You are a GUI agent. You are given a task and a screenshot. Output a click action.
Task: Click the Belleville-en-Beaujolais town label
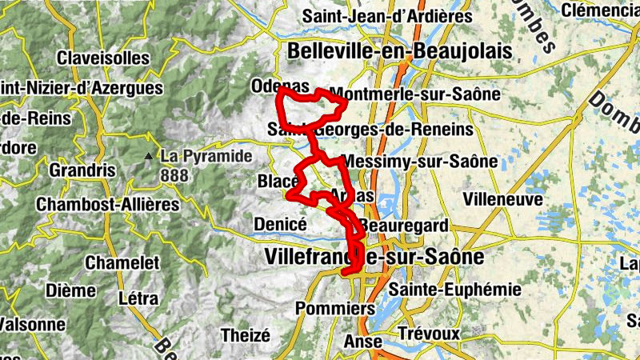398,51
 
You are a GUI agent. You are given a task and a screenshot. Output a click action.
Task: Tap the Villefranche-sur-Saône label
374,258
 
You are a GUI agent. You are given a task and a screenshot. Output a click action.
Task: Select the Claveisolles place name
102,58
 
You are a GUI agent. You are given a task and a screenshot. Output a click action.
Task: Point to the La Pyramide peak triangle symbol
149,156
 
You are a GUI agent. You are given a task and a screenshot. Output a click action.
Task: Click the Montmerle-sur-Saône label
414,94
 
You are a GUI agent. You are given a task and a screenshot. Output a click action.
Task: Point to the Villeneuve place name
503,198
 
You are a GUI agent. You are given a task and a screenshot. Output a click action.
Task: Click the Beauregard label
403,226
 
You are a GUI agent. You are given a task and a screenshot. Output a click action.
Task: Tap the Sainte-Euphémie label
454,289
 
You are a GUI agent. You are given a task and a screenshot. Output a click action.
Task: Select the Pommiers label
335,308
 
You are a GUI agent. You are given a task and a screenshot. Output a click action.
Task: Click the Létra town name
138,298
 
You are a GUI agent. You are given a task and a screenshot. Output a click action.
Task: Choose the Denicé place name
280,224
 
